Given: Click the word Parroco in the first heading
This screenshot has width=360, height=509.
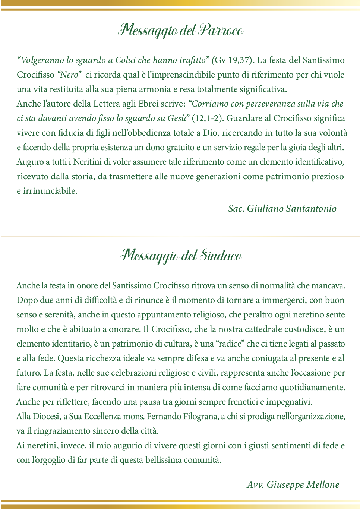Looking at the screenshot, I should pyautogui.click(x=221, y=30).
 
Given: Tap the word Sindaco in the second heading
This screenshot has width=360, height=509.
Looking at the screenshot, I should pyautogui.click(x=221, y=256).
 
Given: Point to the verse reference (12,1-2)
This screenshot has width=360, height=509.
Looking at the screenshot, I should pyautogui.click(x=208, y=118).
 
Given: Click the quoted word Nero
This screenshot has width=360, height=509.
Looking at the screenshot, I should pyautogui.click(x=69, y=75).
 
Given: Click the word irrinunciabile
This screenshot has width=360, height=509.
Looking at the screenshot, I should pyautogui.click(x=50, y=191).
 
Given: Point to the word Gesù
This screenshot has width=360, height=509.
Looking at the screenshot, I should pyautogui.click(x=177, y=118).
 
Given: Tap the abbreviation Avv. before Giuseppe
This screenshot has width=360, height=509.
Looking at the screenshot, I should pyautogui.click(x=255, y=485).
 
